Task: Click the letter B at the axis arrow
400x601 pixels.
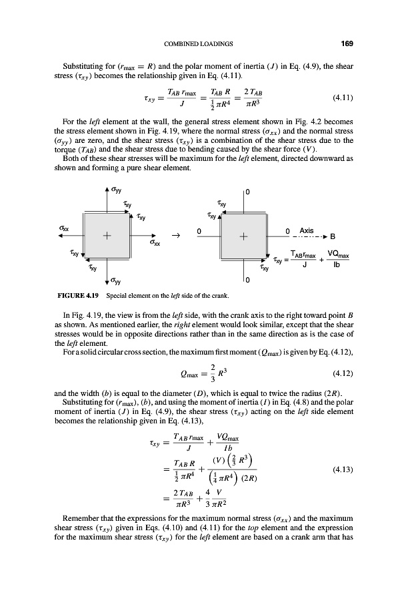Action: click(333, 236)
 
